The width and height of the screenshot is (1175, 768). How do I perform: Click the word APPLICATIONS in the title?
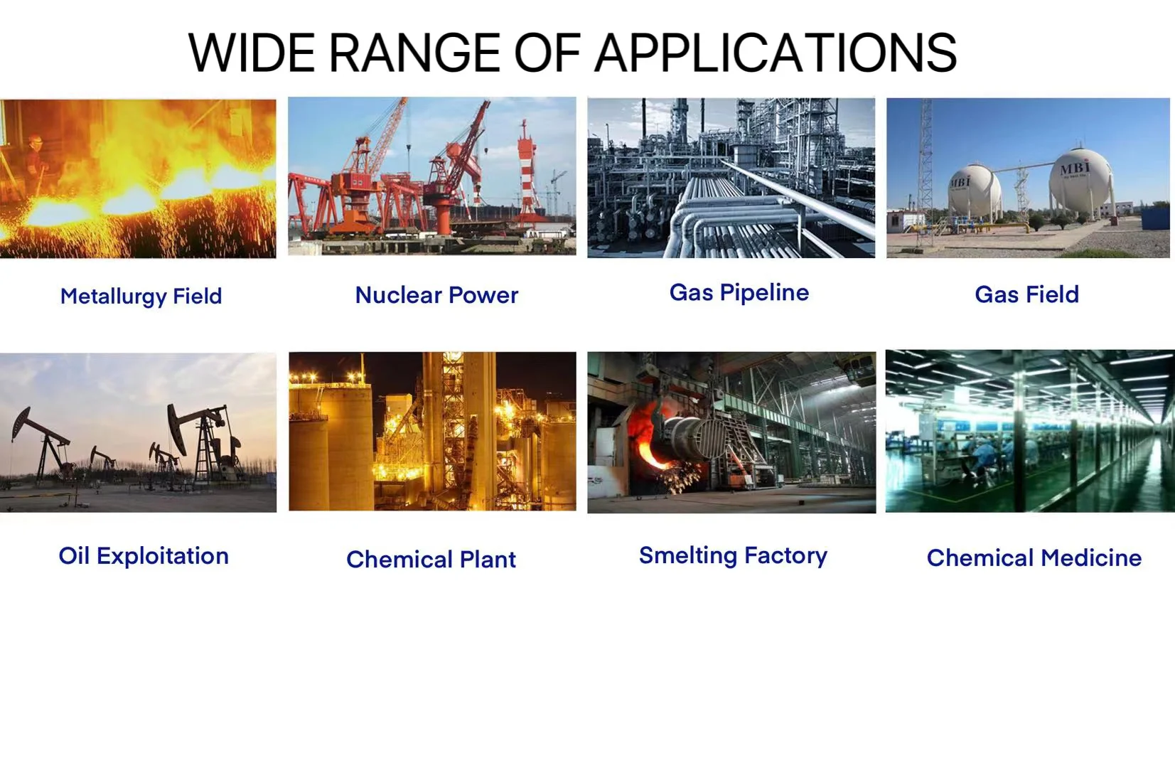(x=776, y=53)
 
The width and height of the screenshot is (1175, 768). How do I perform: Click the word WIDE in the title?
(x=251, y=53)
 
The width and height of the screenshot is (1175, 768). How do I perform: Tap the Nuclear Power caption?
(x=436, y=295)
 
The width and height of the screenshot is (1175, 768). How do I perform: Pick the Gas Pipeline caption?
(x=739, y=293)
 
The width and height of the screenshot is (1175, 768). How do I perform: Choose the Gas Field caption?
(x=1026, y=294)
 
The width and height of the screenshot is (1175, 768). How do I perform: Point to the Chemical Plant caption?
(x=431, y=559)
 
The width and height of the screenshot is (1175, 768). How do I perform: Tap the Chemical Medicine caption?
(x=1034, y=558)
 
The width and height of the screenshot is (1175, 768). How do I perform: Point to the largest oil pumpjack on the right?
(x=205, y=443)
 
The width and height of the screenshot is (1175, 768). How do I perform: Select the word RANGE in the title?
(x=414, y=53)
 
